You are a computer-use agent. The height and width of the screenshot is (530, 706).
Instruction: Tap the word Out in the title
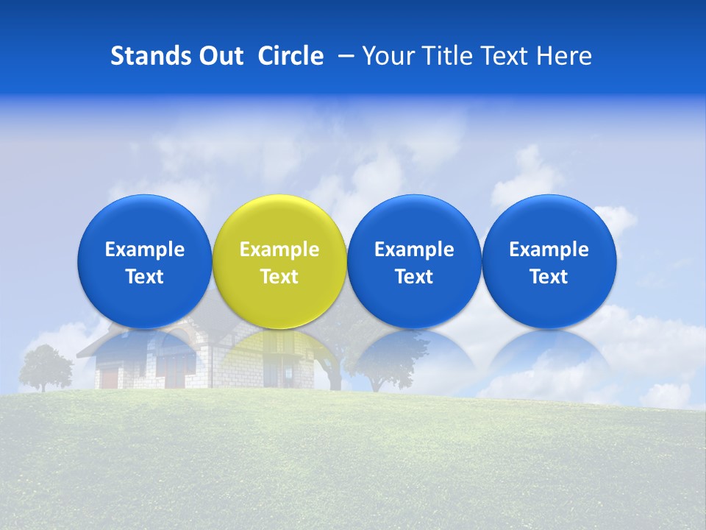coord(220,56)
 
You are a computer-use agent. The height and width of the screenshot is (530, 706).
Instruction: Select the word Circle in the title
coord(290,56)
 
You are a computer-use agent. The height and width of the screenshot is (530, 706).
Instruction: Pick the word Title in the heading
coord(449,56)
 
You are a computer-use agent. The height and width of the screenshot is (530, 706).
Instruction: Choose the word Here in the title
coord(563,56)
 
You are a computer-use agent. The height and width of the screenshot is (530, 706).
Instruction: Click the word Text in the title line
coord(507,56)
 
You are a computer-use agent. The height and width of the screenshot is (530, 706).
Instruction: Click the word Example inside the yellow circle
coord(279,250)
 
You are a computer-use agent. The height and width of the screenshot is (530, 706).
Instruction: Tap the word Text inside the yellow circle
coord(279,277)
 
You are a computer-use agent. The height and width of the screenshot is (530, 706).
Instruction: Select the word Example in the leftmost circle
coord(144,250)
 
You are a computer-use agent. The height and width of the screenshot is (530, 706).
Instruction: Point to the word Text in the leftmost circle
coord(144,277)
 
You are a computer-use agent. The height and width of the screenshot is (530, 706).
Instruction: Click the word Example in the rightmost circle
coord(549,250)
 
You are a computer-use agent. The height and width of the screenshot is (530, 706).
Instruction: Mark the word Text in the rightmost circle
coord(549,277)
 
